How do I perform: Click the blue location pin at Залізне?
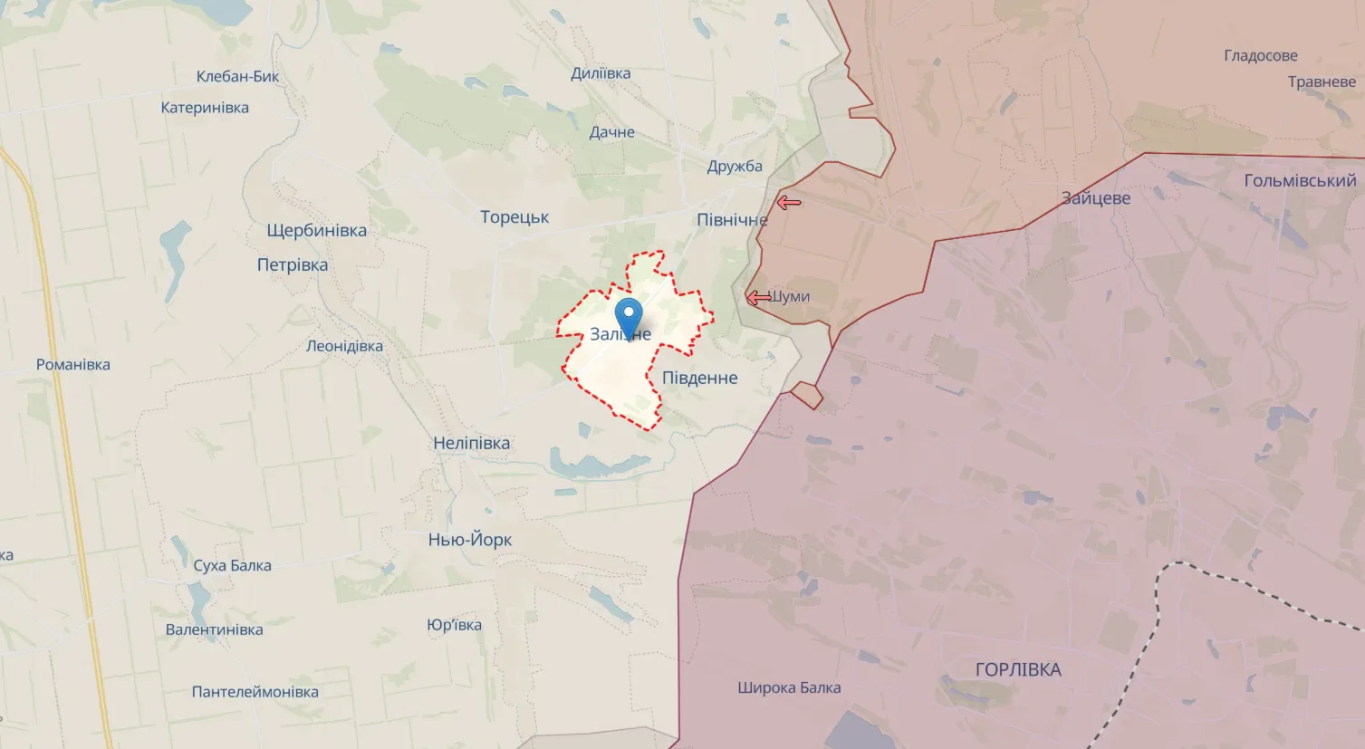point(629,316)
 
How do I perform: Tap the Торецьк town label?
point(514,217)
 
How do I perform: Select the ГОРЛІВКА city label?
point(1018,669)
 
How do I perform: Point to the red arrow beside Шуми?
point(758,298)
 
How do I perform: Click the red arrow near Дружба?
point(789,203)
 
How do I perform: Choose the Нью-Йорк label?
point(470,540)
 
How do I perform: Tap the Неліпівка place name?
point(471,443)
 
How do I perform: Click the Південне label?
point(699,378)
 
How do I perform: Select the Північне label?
point(731,220)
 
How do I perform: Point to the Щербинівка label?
point(316,230)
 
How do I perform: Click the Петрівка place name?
point(293,265)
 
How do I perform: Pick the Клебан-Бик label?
point(238,76)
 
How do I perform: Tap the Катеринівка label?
point(205,108)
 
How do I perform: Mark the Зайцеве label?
point(1096,198)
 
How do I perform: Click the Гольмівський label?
point(1300,180)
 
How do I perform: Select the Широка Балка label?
point(789,687)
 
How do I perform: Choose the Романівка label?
point(73,365)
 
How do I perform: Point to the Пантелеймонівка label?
point(255,692)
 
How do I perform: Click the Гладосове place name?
point(1260,56)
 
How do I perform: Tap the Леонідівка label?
point(344,346)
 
